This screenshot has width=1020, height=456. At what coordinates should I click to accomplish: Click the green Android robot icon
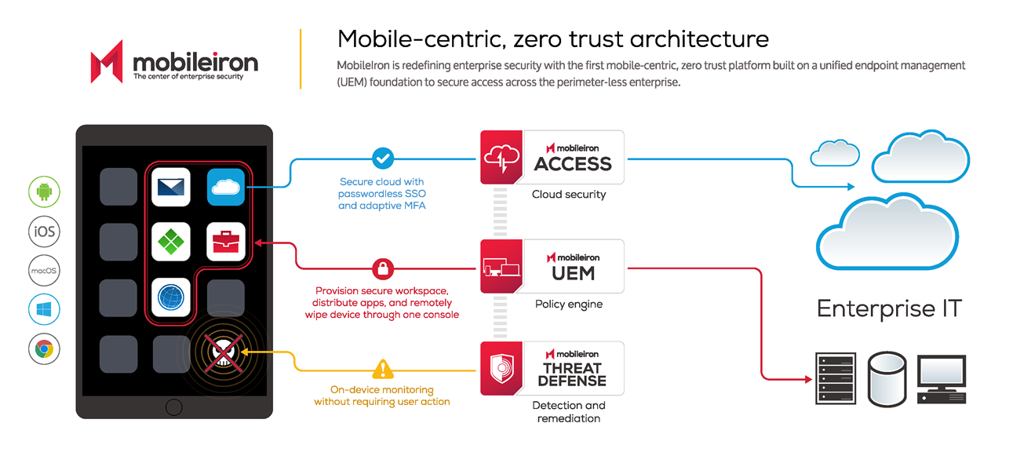(x=44, y=192)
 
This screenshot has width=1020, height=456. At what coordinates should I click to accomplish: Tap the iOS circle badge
(x=44, y=232)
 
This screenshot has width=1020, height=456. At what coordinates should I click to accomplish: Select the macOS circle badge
(x=44, y=271)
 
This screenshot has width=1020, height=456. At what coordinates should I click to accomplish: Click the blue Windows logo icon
(x=44, y=310)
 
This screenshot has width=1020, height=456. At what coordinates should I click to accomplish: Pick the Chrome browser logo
(x=44, y=349)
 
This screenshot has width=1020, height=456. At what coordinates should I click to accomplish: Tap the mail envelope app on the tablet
(x=171, y=187)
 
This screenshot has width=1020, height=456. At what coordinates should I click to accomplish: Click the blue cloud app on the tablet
(x=226, y=187)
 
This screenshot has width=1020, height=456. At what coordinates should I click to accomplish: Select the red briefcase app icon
(x=226, y=242)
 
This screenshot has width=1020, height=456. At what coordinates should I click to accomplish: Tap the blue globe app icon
(x=171, y=297)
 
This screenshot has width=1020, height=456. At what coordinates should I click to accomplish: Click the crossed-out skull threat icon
(x=223, y=352)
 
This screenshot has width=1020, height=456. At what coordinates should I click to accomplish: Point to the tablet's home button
(x=174, y=407)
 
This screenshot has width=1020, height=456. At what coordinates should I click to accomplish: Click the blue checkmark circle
(x=383, y=159)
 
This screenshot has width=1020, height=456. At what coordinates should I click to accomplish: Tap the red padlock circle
(x=383, y=268)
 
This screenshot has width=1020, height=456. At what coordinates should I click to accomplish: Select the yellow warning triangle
(x=383, y=370)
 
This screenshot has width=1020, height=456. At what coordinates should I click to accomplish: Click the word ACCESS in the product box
(x=573, y=164)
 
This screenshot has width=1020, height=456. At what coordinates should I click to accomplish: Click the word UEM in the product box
(x=574, y=273)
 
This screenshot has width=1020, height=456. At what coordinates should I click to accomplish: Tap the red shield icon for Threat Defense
(x=502, y=369)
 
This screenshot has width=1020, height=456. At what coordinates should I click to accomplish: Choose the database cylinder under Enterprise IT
(x=887, y=379)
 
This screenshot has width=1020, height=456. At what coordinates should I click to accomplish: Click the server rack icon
(x=836, y=378)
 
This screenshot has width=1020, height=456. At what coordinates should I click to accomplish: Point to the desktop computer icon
(x=942, y=379)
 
